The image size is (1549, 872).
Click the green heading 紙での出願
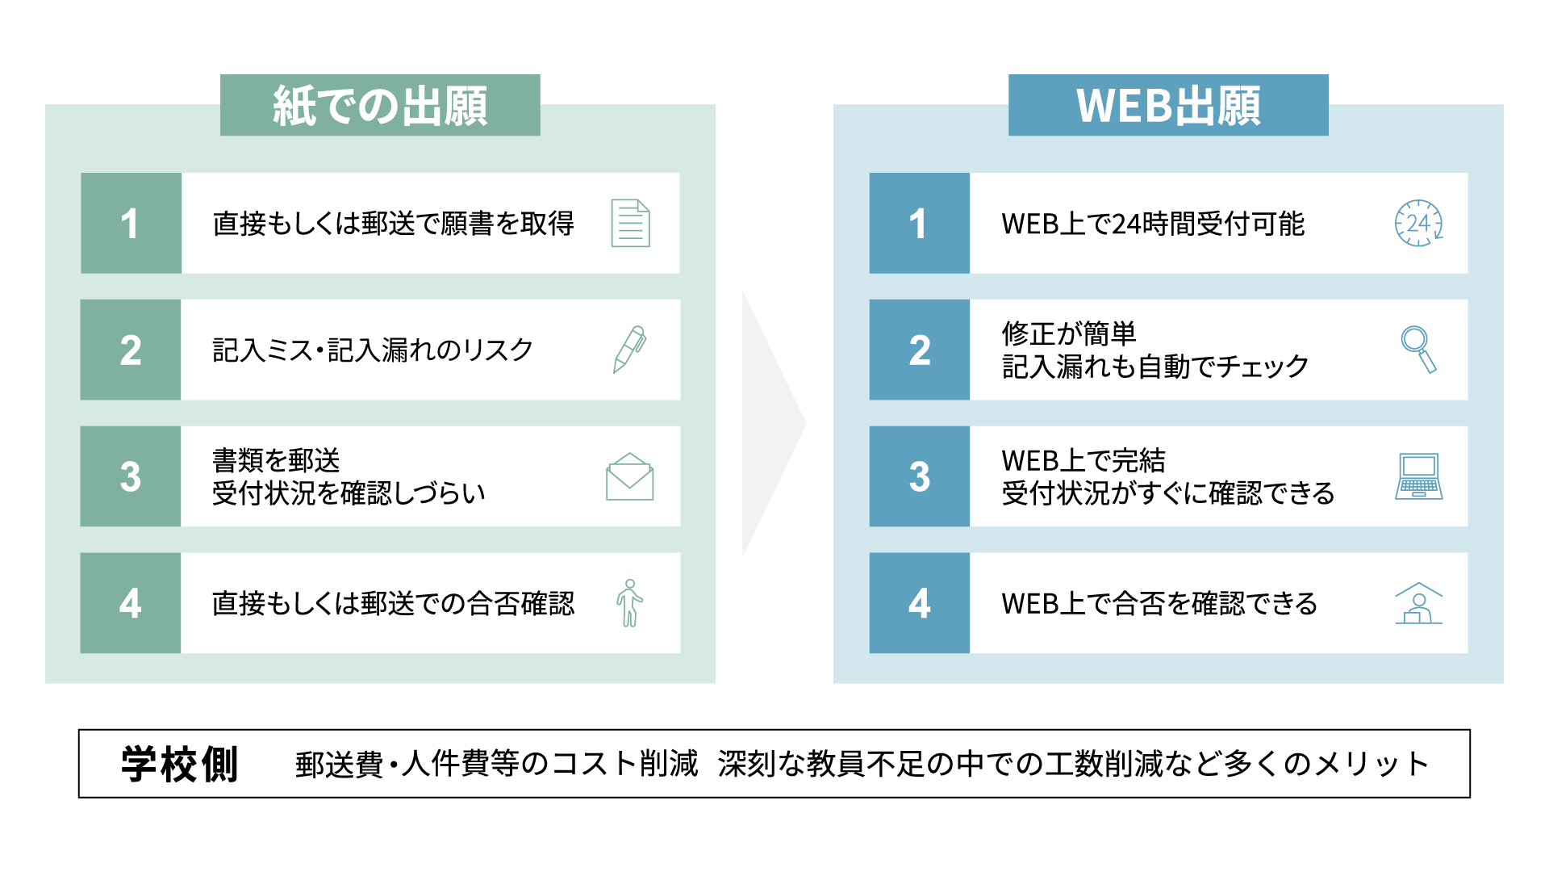380,105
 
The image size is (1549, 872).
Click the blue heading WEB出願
1168,105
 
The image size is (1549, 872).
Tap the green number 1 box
131,223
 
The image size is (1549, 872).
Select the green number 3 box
131,476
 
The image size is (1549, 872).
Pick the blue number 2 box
920,350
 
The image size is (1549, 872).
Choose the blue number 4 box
920,603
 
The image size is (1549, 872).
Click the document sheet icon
630,223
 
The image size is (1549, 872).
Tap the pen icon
629,350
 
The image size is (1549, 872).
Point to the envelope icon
629,476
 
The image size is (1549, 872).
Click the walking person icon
629,603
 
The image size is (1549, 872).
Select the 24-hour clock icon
1419,223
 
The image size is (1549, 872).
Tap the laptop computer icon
1419,476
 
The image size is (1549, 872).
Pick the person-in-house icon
1419,603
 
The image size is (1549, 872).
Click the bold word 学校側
179,764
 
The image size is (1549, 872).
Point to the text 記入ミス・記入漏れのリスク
373,350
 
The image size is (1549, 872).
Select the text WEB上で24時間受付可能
1153,224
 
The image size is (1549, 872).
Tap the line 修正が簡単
1069,333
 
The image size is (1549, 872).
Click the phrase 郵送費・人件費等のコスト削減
496,764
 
